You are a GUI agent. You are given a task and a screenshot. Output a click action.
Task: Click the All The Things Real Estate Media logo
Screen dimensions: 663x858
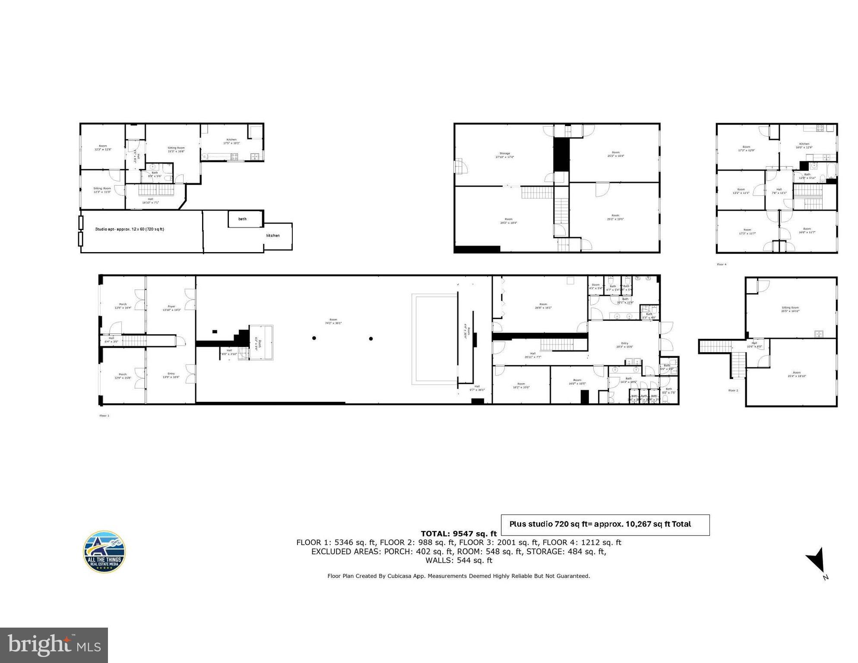tap(104, 552)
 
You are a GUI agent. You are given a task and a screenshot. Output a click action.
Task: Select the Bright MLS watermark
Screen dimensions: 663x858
tap(54, 645)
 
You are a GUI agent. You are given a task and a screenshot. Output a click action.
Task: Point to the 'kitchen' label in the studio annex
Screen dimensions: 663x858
tap(273, 236)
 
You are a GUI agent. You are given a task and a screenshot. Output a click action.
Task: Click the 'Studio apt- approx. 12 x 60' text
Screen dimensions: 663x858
tap(130, 229)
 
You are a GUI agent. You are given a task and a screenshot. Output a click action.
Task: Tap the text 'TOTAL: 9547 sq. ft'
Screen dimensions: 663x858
tap(459, 534)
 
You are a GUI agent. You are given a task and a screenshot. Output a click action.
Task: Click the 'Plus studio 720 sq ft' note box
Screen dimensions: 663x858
tap(605, 524)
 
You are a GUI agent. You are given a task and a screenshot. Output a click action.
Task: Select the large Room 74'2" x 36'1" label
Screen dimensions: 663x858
tap(333, 321)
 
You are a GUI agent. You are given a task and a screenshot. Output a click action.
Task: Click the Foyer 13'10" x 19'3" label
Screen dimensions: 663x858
tap(171, 308)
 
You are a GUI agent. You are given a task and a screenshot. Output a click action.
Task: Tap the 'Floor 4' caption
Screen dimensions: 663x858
tap(722, 264)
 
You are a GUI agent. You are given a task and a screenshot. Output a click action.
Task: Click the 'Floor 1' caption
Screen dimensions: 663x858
tap(104, 416)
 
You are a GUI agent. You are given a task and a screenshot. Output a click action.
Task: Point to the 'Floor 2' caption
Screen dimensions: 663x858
tap(733, 390)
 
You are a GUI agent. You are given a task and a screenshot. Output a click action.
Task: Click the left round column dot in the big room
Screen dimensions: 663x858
tap(314, 338)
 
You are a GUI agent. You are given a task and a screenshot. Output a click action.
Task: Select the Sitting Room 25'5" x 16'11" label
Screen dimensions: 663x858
tap(790, 309)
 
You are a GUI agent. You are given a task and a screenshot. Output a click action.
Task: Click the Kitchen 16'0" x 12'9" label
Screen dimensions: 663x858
tap(804, 145)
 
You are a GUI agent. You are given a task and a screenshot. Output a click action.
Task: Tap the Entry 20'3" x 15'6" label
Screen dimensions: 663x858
tap(624, 345)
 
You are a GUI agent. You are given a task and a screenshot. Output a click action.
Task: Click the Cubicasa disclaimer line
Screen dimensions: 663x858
tap(459, 576)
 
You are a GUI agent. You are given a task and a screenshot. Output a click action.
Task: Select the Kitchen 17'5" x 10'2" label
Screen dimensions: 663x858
tap(231, 141)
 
